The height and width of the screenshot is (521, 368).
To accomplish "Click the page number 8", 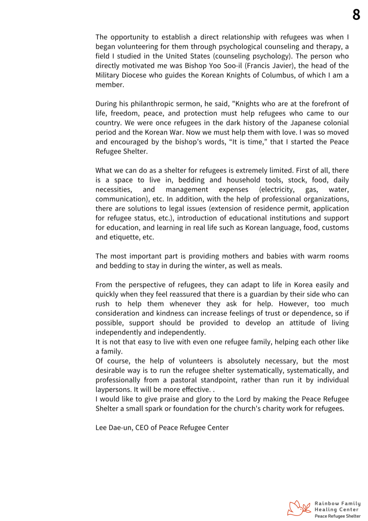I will (356, 15).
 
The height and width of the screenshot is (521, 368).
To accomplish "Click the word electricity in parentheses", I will (277, 189).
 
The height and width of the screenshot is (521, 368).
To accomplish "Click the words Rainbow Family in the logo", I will (337, 503).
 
